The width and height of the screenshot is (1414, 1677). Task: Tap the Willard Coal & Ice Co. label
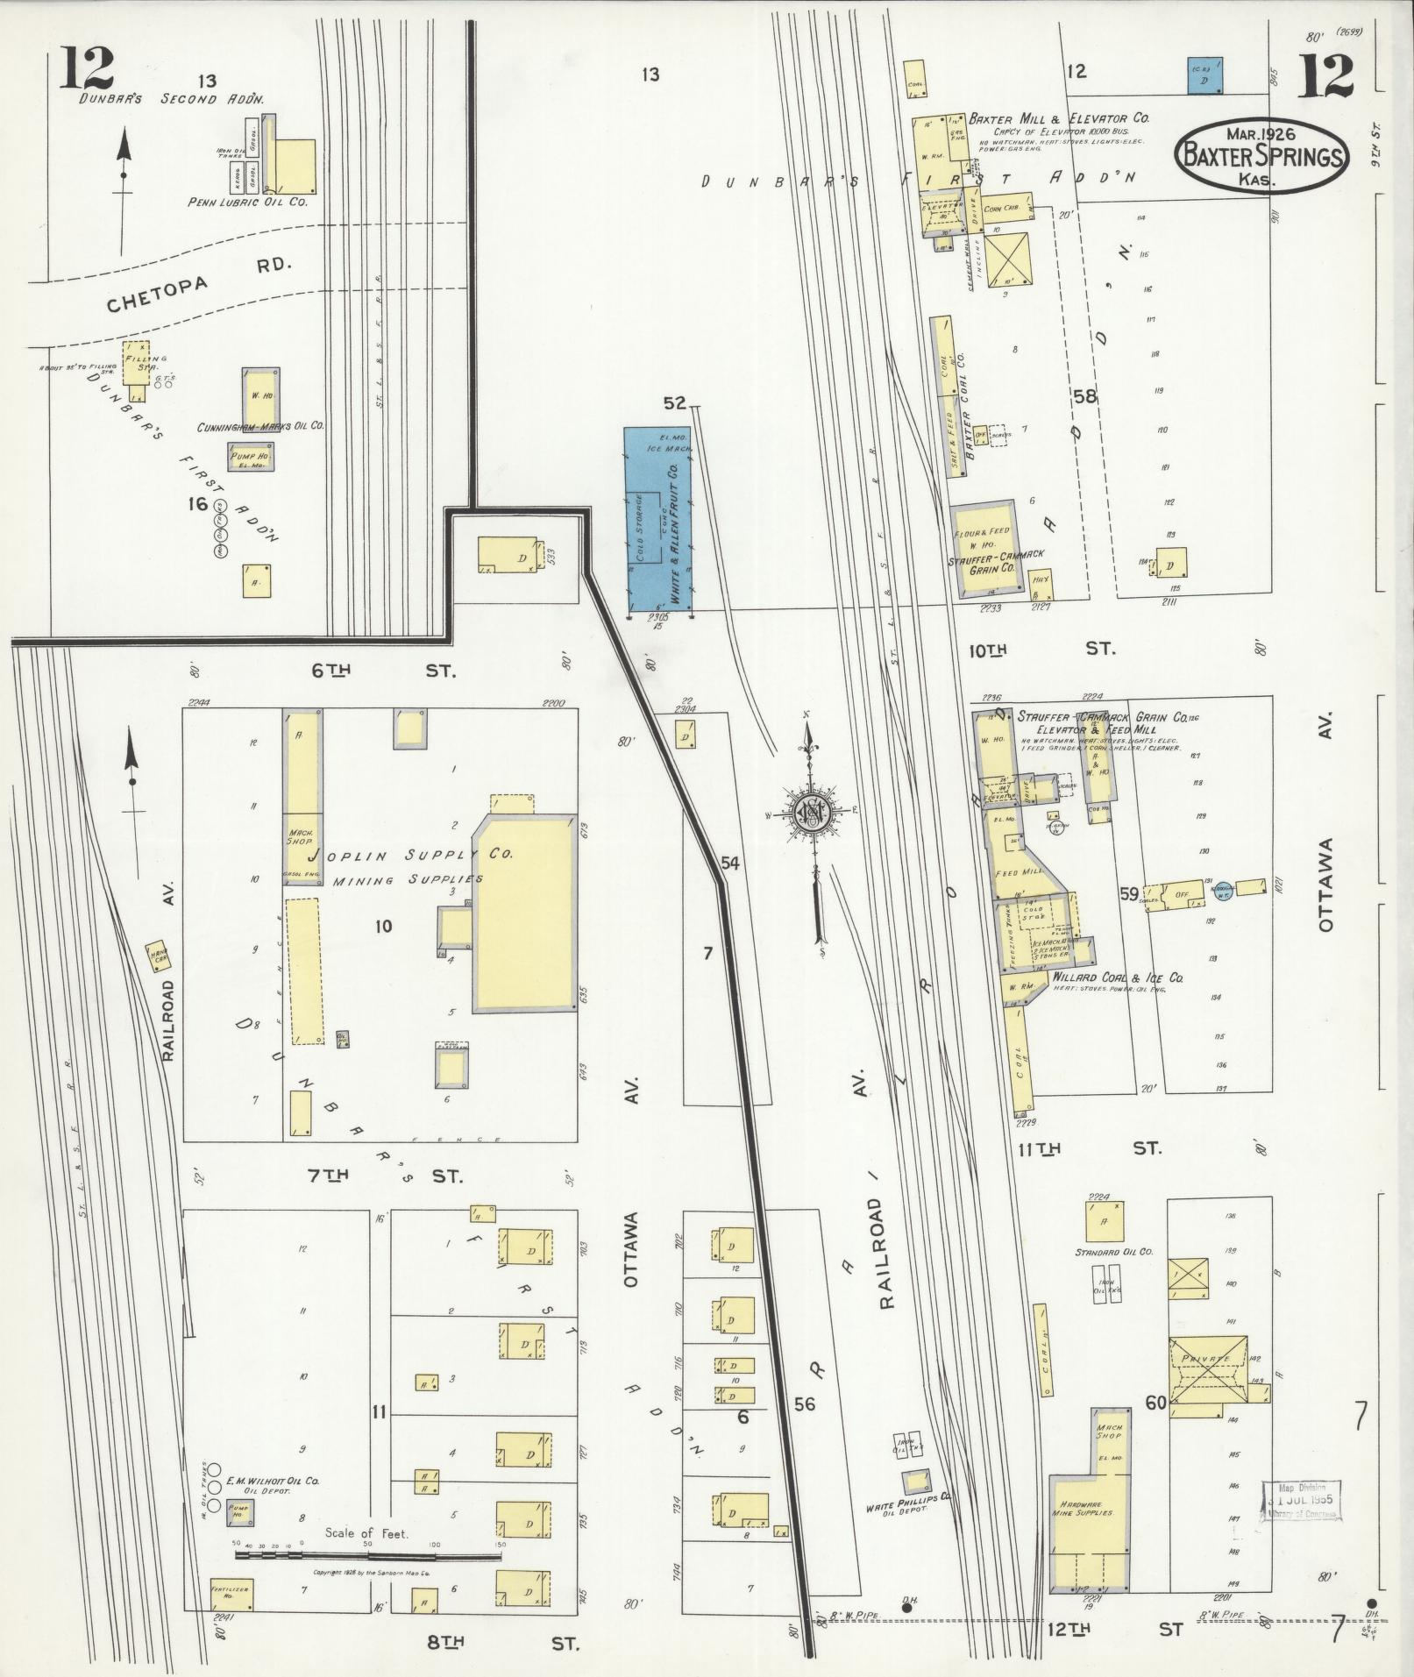tap(1107, 977)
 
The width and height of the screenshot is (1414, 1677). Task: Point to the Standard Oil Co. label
tap(1113, 1252)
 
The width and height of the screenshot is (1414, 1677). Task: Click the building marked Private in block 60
tap(1207, 1360)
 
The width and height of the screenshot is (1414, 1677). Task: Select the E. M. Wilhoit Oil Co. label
tap(273, 1481)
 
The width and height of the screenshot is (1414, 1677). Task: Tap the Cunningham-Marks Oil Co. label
tap(261, 426)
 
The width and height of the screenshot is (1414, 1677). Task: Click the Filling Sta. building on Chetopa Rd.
tap(138, 363)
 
